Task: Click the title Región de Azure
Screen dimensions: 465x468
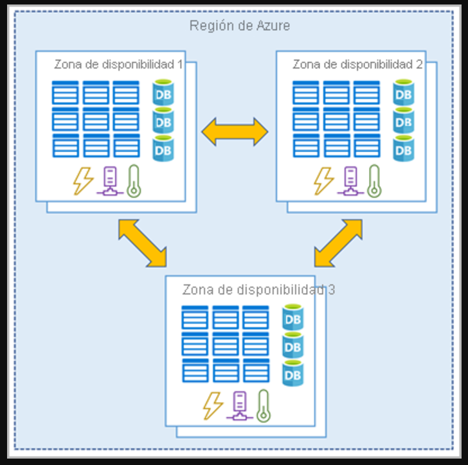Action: point(239,26)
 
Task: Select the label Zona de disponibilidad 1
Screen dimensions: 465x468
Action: point(118,64)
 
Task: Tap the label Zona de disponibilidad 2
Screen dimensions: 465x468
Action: point(357,64)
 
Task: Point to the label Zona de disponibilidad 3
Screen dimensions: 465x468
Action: point(258,290)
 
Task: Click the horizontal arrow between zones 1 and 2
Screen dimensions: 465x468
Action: point(235,132)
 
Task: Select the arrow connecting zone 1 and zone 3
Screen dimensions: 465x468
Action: point(142,241)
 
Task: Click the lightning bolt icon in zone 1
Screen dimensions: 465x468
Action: point(83,180)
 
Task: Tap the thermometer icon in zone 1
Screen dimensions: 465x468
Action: point(134,180)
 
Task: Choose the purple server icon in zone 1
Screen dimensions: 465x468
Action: point(109,180)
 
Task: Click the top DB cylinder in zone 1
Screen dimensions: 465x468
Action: point(163,93)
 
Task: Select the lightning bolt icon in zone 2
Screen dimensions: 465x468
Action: point(323,180)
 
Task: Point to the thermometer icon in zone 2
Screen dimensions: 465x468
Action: point(374,180)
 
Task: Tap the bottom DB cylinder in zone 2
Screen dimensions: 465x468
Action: point(403,148)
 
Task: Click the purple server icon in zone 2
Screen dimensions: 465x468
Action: point(350,180)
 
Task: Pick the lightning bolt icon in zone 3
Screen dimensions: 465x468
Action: point(213,405)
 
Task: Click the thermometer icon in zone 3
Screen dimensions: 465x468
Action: point(263,405)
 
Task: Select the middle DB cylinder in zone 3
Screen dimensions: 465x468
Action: point(292,346)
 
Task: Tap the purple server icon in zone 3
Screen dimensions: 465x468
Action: point(239,405)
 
